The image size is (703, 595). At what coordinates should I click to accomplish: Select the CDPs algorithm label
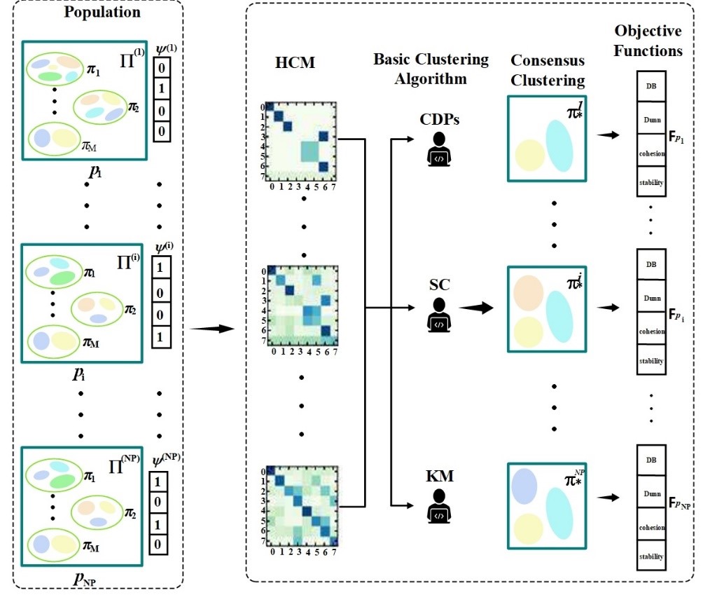coord(440,121)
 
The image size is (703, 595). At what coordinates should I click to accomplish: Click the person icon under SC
coord(440,315)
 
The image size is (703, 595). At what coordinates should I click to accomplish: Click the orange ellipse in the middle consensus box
coord(529,293)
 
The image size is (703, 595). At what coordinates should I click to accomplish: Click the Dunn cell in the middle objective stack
coord(650,297)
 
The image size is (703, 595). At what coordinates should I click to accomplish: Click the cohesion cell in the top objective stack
coord(650,154)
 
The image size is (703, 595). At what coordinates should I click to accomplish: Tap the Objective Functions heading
coord(648,41)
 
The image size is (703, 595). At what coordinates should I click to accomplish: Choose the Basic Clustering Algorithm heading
coord(431,68)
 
